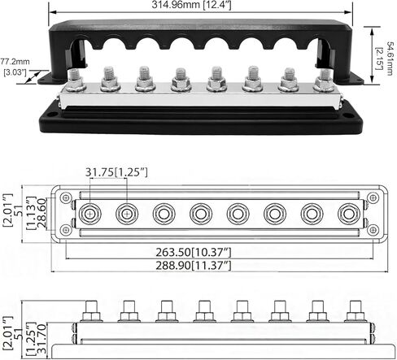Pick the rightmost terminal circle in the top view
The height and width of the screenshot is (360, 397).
[349, 214]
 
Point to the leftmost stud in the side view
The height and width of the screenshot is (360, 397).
[89, 314]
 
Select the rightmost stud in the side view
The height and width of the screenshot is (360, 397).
[353, 314]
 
